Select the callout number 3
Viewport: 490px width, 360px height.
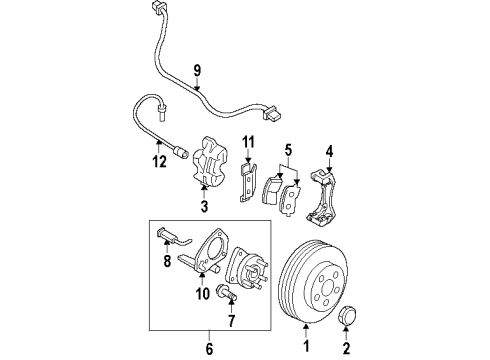(204, 208)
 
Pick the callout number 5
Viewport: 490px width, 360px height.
(288, 152)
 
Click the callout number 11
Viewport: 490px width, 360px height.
(250, 142)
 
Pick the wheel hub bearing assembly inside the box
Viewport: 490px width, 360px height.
(249, 272)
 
